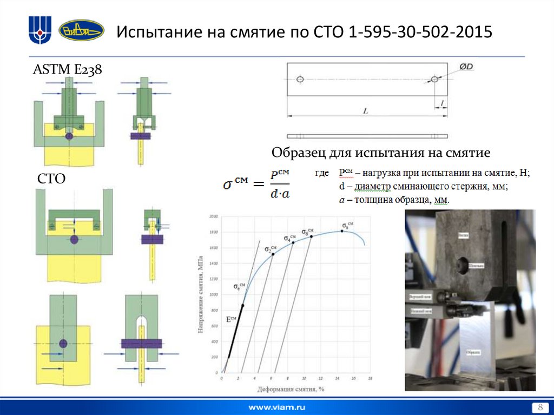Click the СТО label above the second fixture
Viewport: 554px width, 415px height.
click(51, 179)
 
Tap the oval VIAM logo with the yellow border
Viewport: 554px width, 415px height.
click(81, 31)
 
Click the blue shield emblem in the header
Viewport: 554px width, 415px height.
click(40, 30)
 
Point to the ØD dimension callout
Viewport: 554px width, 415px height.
click(466, 66)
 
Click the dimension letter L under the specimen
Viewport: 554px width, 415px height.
click(365, 111)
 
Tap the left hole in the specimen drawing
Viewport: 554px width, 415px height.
click(301, 80)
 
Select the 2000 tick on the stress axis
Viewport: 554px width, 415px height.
click(213, 216)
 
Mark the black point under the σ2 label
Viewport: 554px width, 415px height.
click(273, 254)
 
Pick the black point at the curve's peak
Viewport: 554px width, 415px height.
click(342, 231)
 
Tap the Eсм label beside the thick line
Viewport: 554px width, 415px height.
click(232, 319)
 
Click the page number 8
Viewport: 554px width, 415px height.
click(539, 407)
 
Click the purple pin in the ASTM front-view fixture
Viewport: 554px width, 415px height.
click(69, 137)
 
